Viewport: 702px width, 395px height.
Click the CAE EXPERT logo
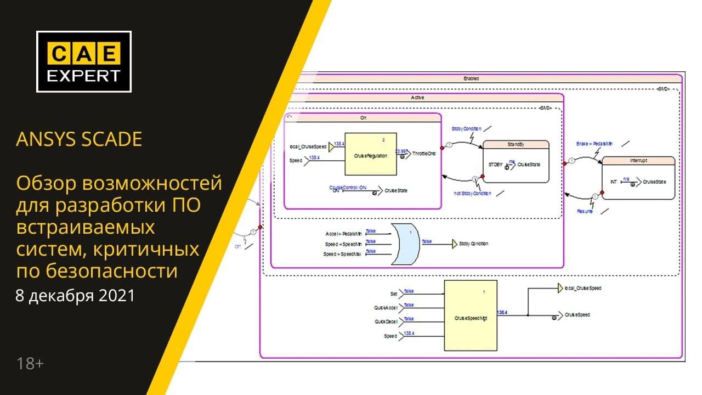84,61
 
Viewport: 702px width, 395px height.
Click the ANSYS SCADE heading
79,139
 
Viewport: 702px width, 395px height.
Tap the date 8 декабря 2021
75,296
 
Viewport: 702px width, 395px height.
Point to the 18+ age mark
30,363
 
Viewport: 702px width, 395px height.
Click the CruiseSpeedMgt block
471,315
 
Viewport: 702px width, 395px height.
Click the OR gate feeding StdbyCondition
405,244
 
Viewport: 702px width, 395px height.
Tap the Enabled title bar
471,78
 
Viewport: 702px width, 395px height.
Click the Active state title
418,98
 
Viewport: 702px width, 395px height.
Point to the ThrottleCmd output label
424,154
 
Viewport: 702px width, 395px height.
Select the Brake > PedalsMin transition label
595,144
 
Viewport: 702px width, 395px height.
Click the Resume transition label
585,211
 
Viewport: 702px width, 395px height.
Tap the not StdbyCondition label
472,194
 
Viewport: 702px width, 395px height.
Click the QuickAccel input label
386,308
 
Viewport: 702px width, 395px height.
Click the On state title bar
363,117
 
